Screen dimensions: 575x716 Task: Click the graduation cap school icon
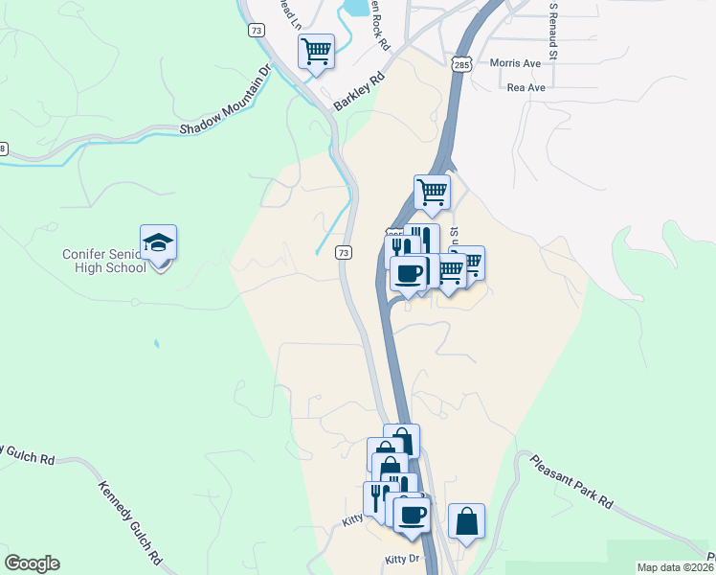[x=159, y=243]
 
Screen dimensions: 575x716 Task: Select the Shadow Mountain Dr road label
[x=226, y=98]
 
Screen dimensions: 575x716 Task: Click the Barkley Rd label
[x=359, y=93]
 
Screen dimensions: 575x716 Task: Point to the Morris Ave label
[x=515, y=63]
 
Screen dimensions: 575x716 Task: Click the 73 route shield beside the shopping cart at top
[x=255, y=31]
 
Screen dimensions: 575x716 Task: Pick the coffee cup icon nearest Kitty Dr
[x=412, y=515]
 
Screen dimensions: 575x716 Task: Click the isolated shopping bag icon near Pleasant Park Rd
[x=466, y=522]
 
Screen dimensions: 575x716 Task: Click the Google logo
[x=32, y=563]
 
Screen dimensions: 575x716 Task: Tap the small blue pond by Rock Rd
[x=354, y=9]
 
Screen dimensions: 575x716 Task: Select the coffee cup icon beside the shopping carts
[x=408, y=274]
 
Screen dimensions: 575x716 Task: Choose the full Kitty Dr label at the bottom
[x=401, y=558]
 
